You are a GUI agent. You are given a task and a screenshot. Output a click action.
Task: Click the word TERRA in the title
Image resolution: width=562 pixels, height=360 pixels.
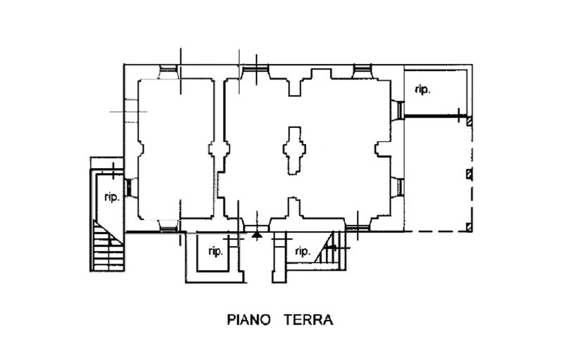pyautogui.click(x=308, y=321)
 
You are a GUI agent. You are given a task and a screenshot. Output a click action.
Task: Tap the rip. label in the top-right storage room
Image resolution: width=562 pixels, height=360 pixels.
pyautogui.click(x=422, y=89)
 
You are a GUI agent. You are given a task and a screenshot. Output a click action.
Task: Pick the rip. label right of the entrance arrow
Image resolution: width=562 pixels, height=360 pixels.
pyautogui.click(x=303, y=251)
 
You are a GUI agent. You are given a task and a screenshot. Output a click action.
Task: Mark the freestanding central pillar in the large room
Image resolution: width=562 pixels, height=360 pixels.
pyautogui.click(x=294, y=150)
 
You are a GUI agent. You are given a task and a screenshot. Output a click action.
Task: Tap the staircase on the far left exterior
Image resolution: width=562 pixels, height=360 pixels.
pyautogui.click(x=107, y=246)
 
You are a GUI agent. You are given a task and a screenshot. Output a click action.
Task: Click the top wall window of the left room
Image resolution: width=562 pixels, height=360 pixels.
pyautogui.click(x=169, y=71)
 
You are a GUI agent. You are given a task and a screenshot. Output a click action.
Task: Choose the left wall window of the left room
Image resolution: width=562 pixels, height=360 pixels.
pyautogui.click(x=129, y=188)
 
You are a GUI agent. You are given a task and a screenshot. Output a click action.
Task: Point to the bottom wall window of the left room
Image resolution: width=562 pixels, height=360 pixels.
pyautogui.click(x=169, y=225)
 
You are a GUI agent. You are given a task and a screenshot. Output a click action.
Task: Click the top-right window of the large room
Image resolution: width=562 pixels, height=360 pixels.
pyautogui.click(x=362, y=71)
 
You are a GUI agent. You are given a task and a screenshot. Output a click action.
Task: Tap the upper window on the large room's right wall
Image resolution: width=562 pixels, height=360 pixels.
pyautogui.click(x=398, y=110)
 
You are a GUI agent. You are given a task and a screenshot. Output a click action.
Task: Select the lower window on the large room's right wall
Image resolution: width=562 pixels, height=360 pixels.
pyautogui.click(x=398, y=188)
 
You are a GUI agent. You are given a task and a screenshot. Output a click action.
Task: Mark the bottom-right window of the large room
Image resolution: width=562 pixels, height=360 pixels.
pyautogui.click(x=356, y=226)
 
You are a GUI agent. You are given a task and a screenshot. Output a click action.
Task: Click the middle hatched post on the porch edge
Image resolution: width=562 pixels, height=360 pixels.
pyautogui.click(x=469, y=174)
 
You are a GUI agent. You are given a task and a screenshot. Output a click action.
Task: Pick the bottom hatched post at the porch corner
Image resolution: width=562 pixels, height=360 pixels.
pyautogui.click(x=469, y=226)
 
